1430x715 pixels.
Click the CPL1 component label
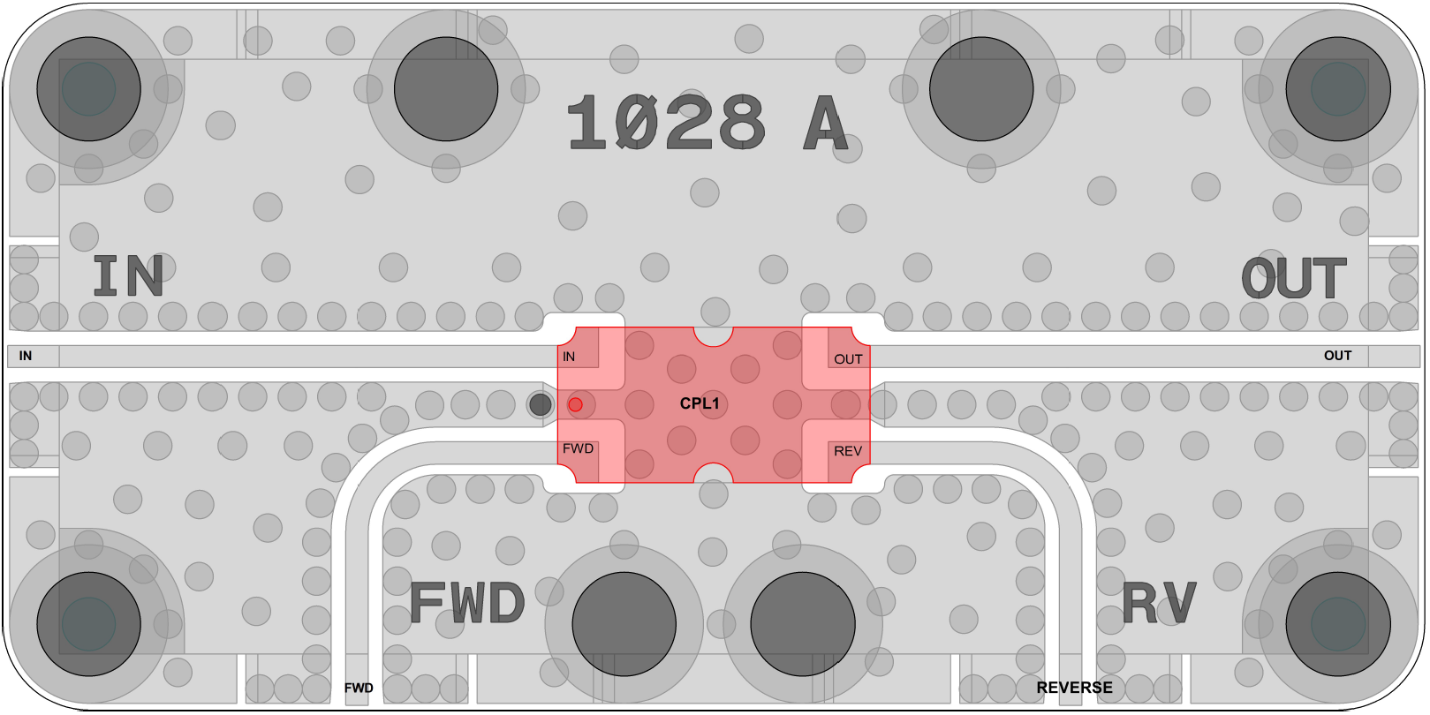coord(700,403)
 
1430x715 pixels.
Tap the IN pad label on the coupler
coord(569,357)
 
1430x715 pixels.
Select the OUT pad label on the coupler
coord(849,359)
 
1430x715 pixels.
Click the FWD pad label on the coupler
coord(578,448)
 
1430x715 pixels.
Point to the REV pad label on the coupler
coord(848,451)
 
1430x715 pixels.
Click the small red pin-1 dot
coord(575,404)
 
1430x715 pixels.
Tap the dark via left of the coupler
coord(540,404)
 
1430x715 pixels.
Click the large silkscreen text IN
coord(128,276)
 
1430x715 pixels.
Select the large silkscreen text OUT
coord(1294,278)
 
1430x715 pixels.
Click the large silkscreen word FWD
coord(467,603)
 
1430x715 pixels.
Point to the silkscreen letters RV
coord(1159,603)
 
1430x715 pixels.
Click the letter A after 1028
coord(826,123)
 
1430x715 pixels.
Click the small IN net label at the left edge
coord(26,356)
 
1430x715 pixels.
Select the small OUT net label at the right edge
coord(1337,356)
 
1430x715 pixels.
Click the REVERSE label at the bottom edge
coord(1074,688)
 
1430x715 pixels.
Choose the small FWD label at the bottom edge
coord(359,689)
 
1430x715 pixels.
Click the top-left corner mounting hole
coord(88,88)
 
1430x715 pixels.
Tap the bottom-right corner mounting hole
coord(1338,624)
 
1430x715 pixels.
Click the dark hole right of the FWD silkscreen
coord(624,624)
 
